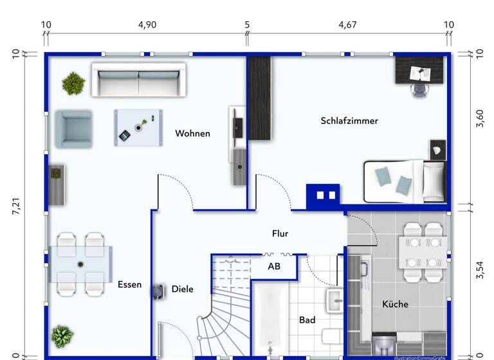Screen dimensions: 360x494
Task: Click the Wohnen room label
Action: point(192,134)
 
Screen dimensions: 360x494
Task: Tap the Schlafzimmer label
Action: point(349,121)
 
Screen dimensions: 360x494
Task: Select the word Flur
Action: point(280,234)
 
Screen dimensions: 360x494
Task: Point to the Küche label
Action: point(395,304)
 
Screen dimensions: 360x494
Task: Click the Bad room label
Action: point(307,319)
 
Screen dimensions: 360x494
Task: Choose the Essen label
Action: point(129,284)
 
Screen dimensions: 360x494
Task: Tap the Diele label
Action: point(182,289)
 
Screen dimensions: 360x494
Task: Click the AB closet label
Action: point(274,266)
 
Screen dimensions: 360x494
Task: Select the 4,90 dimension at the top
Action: point(147,25)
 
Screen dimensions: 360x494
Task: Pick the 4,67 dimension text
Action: point(347,25)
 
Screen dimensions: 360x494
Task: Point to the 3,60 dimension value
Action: point(479,119)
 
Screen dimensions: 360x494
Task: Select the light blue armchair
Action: point(73,128)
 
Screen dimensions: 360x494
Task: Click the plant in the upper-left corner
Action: point(73,83)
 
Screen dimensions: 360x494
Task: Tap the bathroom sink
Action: point(335,300)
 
